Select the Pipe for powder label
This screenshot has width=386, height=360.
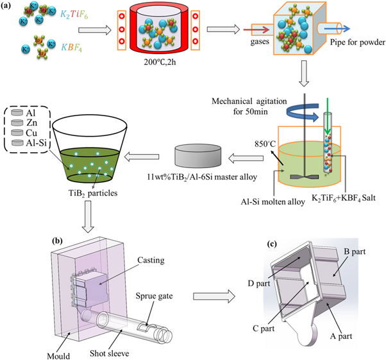click(355, 44)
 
